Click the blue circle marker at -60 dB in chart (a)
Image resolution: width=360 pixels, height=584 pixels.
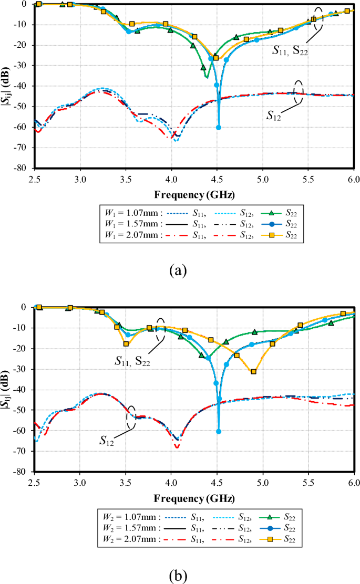pos(219,128)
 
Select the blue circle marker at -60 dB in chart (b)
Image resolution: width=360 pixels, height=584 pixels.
pos(219,431)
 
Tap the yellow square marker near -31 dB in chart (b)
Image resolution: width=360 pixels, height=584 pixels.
pos(254,371)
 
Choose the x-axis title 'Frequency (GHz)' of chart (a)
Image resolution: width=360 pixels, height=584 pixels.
pos(194,195)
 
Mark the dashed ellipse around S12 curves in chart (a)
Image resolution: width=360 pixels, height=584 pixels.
pos(299,92)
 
